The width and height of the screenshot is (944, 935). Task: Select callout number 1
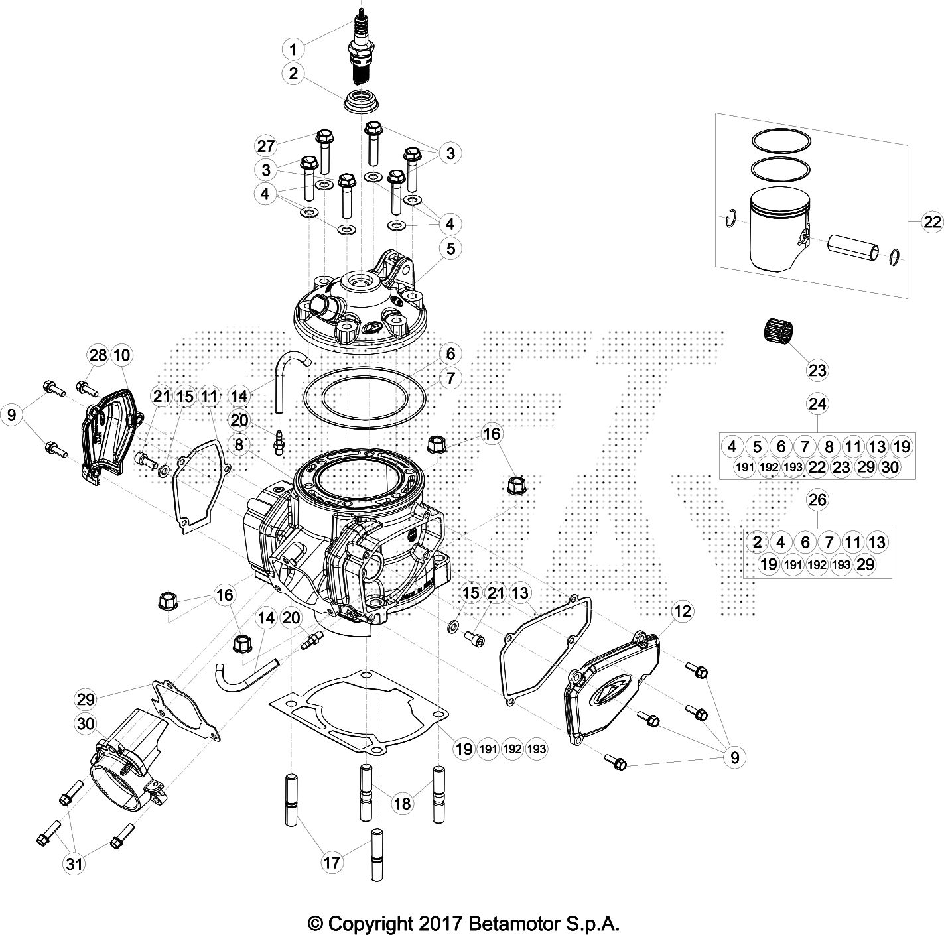293,48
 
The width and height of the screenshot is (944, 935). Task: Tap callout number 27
266,145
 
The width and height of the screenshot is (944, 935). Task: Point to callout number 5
450,249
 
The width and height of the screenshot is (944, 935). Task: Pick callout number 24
817,403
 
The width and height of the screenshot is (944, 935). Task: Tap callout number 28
98,356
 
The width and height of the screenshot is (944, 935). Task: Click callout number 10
121,356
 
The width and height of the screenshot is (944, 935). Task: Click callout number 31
74,863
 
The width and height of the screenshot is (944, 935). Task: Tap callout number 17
332,862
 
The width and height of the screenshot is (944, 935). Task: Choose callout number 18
402,804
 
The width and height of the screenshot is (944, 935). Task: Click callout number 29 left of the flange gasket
86,698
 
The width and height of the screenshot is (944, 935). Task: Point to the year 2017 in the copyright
442,922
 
